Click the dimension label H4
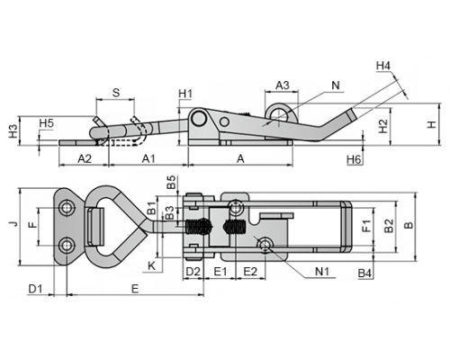click(x=383, y=66)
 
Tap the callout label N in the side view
click(x=336, y=85)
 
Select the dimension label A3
click(x=283, y=85)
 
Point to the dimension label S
click(x=116, y=93)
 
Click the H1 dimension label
click(x=185, y=94)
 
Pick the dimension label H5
click(x=47, y=123)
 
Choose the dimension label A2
click(x=85, y=158)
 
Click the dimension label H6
click(x=354, y=159)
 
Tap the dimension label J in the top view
click(x=13, y=224)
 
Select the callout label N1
click(x=322, y=272)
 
